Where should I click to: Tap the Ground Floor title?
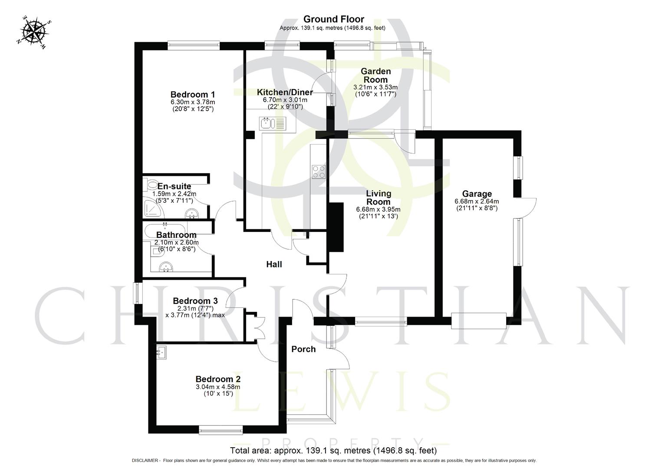[333, 19]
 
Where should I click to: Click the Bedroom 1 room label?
[193, 94]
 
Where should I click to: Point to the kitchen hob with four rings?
[319, 172]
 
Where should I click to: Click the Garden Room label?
[376, 75]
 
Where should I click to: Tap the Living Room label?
[378, 198]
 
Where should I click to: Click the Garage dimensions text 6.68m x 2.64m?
[477, 201]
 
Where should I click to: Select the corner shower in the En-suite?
[155, 209]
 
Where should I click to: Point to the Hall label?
[274, 264]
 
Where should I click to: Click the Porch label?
[303, 349]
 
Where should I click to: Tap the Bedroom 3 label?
[195, 301]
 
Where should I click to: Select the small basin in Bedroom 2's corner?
[161, 352]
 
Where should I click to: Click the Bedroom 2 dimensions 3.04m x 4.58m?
[218, 387]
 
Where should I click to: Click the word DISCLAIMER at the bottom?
[145, 460]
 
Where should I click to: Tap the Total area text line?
[333, 450]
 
